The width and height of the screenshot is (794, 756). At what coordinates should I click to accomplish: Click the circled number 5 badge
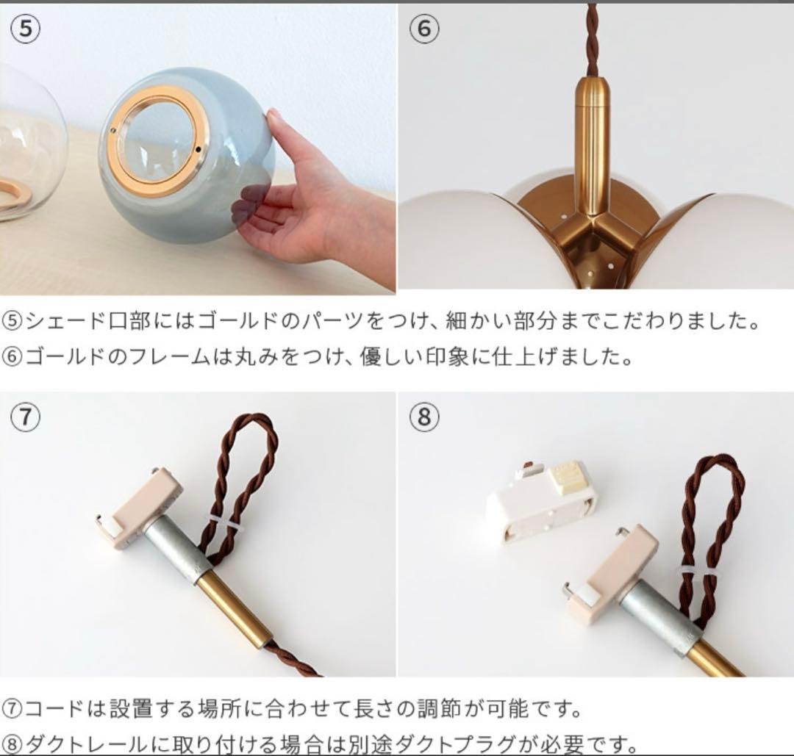coord(26,29)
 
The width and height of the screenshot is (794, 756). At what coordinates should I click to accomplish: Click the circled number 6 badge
coord(423,29)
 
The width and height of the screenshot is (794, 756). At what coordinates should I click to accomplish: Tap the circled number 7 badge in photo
coord(26,417)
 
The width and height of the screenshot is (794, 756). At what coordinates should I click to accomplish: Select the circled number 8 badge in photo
coord(423,417)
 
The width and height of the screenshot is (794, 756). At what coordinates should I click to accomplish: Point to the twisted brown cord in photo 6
coord(592,37)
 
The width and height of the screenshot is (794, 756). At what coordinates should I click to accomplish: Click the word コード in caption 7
coord(55,709)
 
